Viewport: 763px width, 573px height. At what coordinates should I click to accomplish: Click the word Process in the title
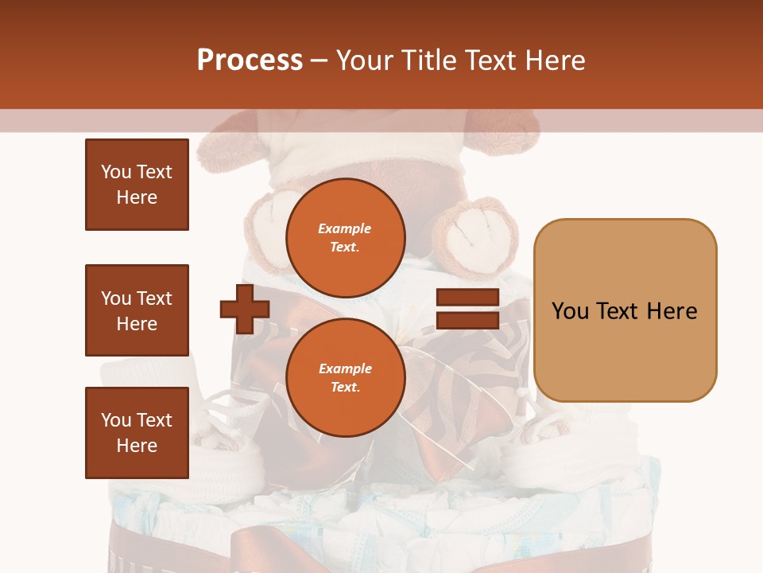pyautogui.click(x=250, y=60)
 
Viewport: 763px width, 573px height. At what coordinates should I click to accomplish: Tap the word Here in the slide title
pyautogui.click(x=553, y=60)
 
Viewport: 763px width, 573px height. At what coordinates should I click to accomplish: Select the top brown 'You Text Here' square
pyautogui.click(x=137, y=185)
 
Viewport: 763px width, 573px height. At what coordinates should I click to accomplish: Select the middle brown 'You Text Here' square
pyautogui.click(x=137, y=310)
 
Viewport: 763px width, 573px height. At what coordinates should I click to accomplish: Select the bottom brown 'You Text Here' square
pyautogui.click(x=137, y=433)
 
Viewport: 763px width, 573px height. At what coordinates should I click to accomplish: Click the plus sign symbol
pyautogui.click(x=244, y=309)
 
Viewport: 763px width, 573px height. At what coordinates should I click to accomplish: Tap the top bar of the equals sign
pyautogui.click(x=467, y=298)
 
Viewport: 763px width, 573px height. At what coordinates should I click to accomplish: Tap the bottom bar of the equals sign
pyautogui.click(x=467, y=320)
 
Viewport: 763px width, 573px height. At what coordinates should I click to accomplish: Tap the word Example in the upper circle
pyautogui.click(x=345, y=228)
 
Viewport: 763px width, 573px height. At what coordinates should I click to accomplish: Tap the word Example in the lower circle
pyautogui.click(x=345, y=368)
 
